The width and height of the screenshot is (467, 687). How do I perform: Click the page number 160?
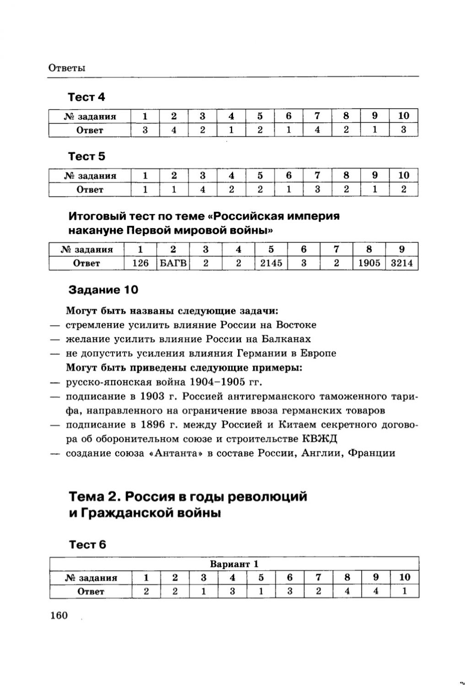[59, 615]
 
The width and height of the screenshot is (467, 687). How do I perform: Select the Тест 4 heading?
[87, 97]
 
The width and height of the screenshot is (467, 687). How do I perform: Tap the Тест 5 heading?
[87, 156]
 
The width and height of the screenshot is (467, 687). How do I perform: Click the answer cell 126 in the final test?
[141, 263]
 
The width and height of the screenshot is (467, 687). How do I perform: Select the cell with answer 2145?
[271, 263]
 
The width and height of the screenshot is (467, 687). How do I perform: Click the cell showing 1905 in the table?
[369, 263]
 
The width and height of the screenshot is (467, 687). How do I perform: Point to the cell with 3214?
[402, 263]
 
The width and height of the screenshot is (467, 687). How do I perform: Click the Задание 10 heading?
[103, 290]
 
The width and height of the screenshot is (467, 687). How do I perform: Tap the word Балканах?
[287, 339]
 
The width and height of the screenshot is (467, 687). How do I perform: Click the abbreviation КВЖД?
[320, 439]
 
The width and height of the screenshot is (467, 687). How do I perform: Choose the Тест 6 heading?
[87, 544]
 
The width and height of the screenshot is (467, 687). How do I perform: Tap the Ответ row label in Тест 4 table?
[90, 130]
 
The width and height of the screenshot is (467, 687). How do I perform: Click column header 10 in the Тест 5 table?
[403, 175]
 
